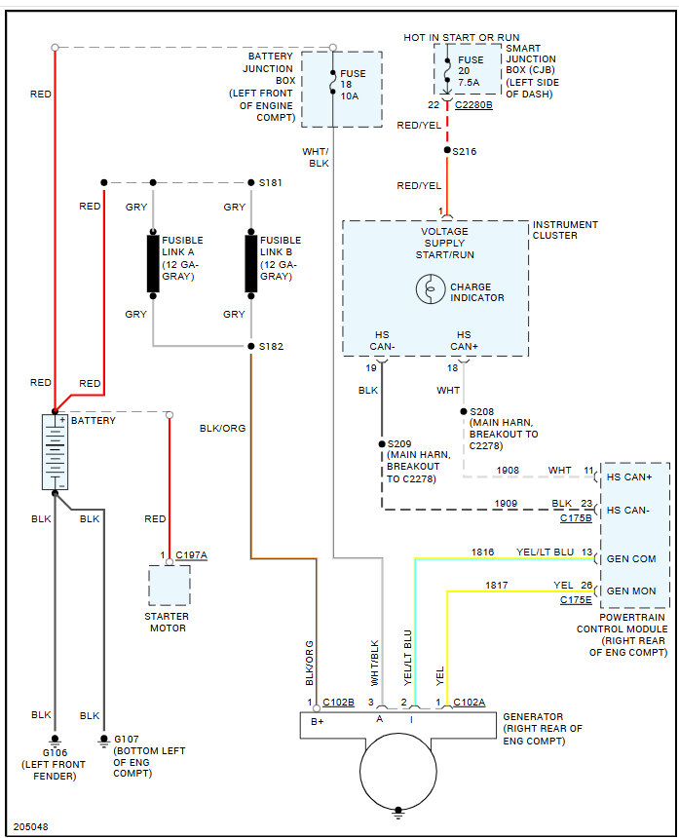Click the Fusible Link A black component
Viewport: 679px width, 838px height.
pyautogui.click(x=153, y=262)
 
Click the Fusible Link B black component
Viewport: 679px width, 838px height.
pyautogui.click(x=250, y=262)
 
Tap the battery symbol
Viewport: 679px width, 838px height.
pyautogui.click(x=55, y=451)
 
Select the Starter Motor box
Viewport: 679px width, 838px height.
pyautogui.click(x=170, y=585)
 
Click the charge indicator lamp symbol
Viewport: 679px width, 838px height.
pyautogui.click(x=430, y=290)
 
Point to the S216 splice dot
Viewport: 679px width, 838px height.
pyautogui.click(x=446, y=151)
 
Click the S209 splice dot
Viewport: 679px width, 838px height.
pyautogui.click(x=381, y=444)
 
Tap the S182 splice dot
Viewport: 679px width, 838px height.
pyautogui.click(x=250, y=346)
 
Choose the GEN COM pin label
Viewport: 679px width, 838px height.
pyautogui.click(x=631, y=558)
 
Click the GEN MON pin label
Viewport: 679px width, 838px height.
pyautogui.click(x=631, y=590)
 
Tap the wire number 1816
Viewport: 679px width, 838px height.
pyautogui.click(x=484, y=552)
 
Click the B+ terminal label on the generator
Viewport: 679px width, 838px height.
pyautogui.click(x=317, y=721)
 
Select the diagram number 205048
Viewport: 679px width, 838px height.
pyautogui.click(x=30, y=826)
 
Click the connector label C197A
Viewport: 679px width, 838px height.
pyautogui.click(x=191, y=555)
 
